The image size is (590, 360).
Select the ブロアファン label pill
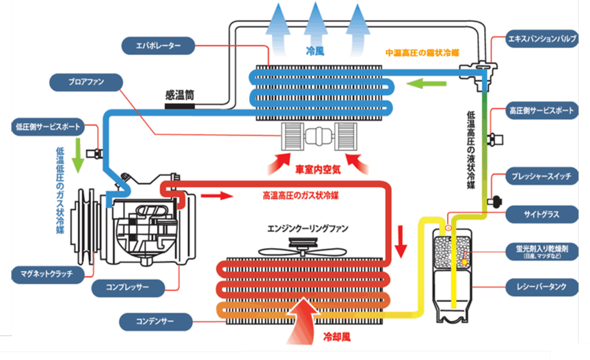pos(85,82)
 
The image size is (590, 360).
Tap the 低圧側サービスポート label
pos(48,126)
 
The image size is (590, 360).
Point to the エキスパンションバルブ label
pos(539,40)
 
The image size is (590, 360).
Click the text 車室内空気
pos(319,170)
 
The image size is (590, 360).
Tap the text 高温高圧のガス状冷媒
pos(300,196)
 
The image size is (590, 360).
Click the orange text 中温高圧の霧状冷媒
pos(422,53)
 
